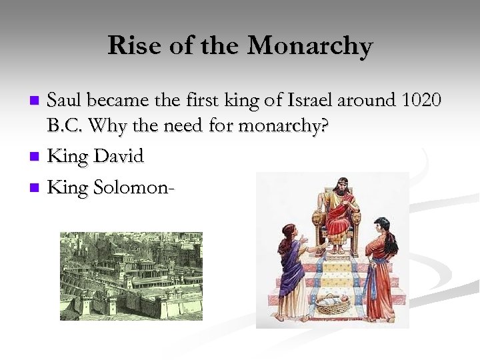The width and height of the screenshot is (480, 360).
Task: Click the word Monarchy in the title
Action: pyautogui.click(x=310, y=46)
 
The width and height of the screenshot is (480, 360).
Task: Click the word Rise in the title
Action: pyautogui.click(x=131, y=46)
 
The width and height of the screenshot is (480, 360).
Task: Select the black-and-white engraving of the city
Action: pyautogui.click(x=131, y=276)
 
